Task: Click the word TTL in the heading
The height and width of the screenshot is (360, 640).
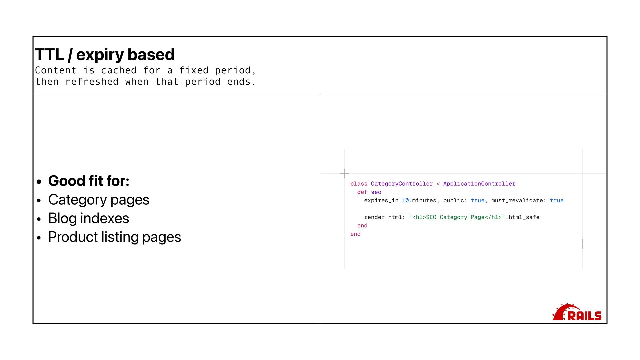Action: pos(49,55)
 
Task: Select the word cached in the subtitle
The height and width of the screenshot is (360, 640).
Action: pos(119,70)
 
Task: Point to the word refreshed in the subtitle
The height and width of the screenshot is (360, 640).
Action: pos(92,82)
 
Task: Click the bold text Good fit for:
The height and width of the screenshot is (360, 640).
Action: pos(89,181)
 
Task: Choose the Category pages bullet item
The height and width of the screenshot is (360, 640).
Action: pos(99,200)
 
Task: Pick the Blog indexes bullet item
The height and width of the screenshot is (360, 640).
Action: pos(89,218)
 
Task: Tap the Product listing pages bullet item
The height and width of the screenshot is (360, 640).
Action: pos(115,237)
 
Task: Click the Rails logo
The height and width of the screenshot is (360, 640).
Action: pos(577,313)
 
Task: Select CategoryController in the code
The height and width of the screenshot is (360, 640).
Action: pos(402,184)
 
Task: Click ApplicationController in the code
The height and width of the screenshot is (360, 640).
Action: pos(479,184)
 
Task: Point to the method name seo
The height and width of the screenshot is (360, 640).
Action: pos(376,192)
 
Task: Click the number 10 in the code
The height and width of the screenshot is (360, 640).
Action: pos(405,200)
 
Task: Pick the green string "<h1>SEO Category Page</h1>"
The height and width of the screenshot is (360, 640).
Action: pos(457,217)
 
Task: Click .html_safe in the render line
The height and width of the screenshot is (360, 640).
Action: pos(522,217)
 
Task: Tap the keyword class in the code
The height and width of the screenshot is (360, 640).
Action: pos(359,184)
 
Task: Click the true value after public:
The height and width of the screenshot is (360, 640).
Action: pos(477,200)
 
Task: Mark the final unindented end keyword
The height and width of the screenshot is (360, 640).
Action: pos(355,234)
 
